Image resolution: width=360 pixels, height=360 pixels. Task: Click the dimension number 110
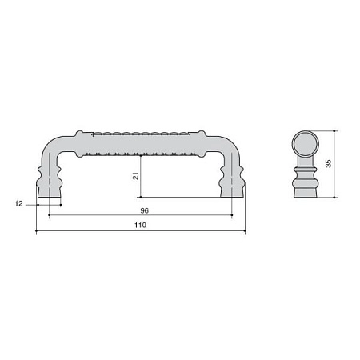pos(140,225)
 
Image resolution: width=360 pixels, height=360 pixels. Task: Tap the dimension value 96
pos(144,210)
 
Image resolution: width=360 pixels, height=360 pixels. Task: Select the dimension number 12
pos(18,204)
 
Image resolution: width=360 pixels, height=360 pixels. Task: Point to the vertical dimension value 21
pos(136,176)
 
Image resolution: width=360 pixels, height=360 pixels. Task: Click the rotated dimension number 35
pos(328,163)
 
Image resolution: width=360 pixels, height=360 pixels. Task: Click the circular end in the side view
pos(306,144)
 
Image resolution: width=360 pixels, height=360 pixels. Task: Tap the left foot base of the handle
pos(50,193)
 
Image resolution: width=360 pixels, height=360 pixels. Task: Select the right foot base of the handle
pos(232,193)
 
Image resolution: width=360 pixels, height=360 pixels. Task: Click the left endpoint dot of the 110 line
pos(36,230)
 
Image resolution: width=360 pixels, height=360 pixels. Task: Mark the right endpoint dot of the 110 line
pos(245,230)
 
